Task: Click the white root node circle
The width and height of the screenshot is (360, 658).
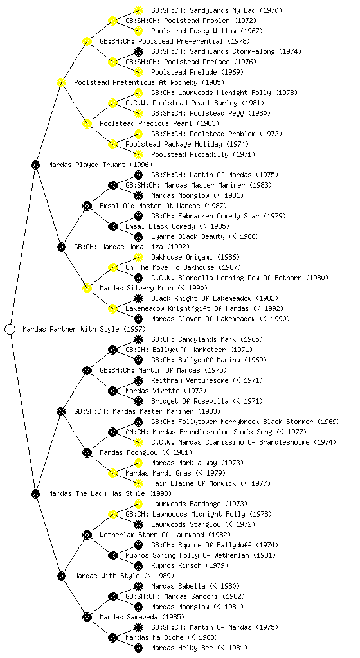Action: [10, 329]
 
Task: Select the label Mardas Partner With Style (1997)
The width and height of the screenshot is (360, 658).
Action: [84, 329]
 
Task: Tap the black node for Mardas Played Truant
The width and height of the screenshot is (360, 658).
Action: [35, 164]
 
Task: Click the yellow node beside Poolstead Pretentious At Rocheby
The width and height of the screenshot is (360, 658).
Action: [61, 82]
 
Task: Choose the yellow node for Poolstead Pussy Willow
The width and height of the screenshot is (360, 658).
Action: [138, 31]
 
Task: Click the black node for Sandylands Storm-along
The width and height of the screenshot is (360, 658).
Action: [138, 51]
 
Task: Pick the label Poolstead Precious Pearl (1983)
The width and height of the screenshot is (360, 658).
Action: [159, 123]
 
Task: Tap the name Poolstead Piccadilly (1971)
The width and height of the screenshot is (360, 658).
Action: [203, 154]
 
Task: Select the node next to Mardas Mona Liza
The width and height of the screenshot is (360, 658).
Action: [61, 247]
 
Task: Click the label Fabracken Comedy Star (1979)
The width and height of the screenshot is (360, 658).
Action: [219, 216]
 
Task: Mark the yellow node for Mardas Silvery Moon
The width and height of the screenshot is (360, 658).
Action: [87, 288]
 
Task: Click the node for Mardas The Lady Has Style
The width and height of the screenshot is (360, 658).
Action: [35, 493]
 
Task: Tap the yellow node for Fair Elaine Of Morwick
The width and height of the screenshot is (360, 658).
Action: [138, 483]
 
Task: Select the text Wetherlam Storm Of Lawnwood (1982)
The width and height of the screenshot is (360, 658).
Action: [165, 535]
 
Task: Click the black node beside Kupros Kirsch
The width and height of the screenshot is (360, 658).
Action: [138, 565]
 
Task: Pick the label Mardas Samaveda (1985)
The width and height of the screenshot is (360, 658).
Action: [142, 617]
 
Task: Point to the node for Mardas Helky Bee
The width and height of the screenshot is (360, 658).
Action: [138, 648]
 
